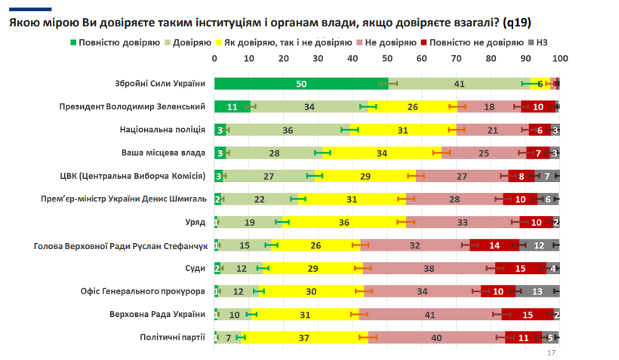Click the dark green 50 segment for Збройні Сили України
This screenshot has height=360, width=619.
300,83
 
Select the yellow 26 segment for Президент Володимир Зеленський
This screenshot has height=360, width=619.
412,106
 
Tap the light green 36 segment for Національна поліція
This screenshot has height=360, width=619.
288,130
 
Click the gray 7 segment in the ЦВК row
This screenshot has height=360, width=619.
547,177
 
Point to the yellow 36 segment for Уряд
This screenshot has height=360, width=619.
343,222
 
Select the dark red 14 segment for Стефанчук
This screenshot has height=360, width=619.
494,245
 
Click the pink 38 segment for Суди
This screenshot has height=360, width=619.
429,268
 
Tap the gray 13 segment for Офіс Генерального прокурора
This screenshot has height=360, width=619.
537,291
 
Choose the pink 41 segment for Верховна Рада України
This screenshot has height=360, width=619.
430,315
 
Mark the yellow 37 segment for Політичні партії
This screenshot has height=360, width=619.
304,337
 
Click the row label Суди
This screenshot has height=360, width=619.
196,268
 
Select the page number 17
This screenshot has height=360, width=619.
550,353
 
